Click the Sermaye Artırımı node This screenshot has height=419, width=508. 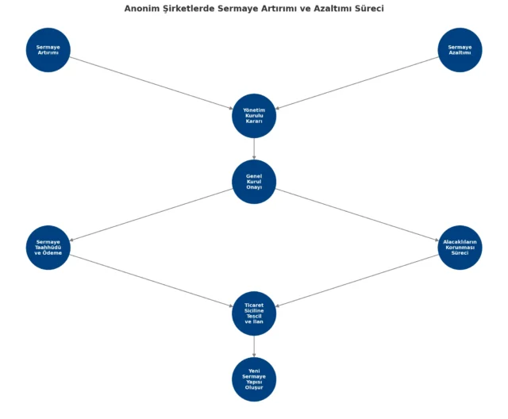pos(48,50)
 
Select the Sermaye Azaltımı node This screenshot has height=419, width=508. pos(460,50)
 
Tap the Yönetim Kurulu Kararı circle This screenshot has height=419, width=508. pos(254,116)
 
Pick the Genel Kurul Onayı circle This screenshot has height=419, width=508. pos(254,182)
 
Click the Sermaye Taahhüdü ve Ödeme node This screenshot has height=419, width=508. pos(48,248)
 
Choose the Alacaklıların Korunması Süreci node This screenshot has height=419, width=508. pos(460,248)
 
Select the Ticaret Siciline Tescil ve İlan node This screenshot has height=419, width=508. pos(254,313)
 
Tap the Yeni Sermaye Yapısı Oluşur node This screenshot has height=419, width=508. pos(254,379)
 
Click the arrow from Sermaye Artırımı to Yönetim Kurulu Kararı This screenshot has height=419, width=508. pos(152,83)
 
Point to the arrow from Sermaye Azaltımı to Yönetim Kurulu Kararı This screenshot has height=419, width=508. pos(356,83)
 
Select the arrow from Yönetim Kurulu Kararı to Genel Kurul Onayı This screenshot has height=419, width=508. pos(254,148)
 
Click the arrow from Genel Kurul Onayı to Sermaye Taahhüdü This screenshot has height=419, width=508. pos(152,215)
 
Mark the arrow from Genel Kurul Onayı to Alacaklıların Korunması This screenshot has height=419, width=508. pos(356,215)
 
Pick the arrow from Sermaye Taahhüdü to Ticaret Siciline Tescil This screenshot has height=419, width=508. pos(152,280)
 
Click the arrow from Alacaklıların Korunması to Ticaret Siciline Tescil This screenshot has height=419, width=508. pos(356,280)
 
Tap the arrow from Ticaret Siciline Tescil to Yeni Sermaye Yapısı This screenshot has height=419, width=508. pos(254,347)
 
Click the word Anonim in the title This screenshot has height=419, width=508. pos(137,9)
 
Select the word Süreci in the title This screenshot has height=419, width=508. pos(369,9)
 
